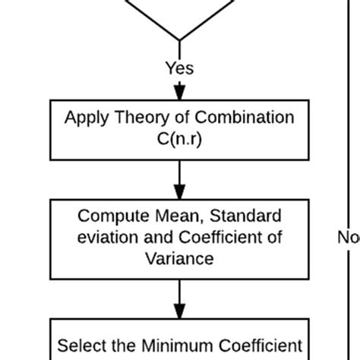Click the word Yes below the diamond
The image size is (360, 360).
coord(179,69)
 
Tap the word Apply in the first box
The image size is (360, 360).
coord(84,118)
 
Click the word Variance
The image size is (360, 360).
coord(179,258)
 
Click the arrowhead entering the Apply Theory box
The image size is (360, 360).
coord(179,93)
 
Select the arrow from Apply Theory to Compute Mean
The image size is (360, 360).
coord(179,178)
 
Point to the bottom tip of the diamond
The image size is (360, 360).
coord(179,39)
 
